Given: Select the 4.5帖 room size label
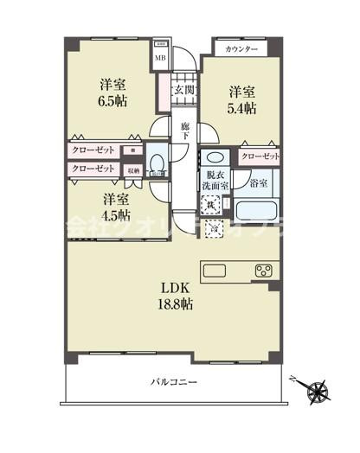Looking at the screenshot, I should click(x=112, y=214).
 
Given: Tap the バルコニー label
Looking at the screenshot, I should click(x=175, y=380).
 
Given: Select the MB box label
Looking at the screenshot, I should click(x=160, y=58).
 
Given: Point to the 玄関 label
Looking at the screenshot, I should click(x=183, y=90).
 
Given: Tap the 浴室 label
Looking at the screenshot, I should click(x=258, y=183).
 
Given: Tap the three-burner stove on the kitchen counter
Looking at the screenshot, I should click(x=264, y=270).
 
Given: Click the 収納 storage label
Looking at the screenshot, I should click(x=133, y=170).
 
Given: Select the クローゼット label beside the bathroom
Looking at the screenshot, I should click(x=260, y=156).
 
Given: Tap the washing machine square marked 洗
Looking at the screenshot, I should click(x=211, y=205).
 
